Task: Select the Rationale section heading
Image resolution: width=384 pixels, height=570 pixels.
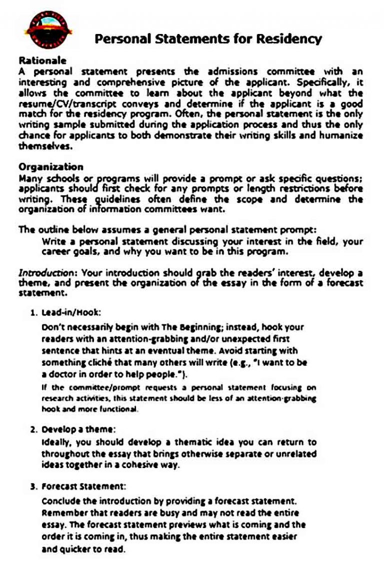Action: click(42, 60)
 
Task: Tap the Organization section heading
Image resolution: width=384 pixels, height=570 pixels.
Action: click(51, 167)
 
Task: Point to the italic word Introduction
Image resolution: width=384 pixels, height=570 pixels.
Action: click(47, 273)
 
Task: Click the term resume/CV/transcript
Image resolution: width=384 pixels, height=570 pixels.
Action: click(67, 104)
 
